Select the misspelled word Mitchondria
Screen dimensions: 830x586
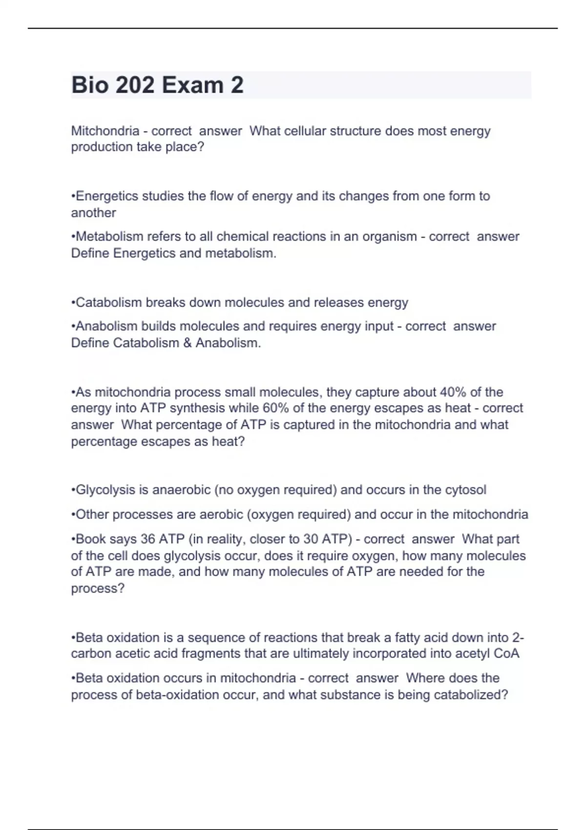click(x=105, y=131)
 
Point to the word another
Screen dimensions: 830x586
click(x=93, y=213)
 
